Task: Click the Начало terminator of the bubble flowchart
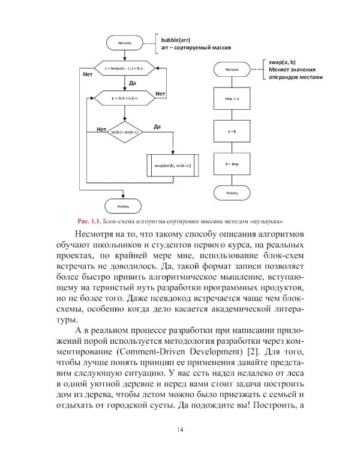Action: click(x=124, y=43)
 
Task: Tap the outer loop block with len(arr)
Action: click(x=124, y=70)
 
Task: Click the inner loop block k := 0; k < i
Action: click(x=124, y=98)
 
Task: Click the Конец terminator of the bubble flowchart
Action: click(x=124, y=205)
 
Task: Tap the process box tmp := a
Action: click(x=232, y=98)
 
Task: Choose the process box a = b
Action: click(x=232, y=130)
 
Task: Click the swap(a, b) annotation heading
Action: click(x=280, y=62)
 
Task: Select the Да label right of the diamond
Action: click(x=157, y=127)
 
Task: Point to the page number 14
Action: click(x=180, y=428)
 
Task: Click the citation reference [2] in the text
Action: click(x=251, y=347)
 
